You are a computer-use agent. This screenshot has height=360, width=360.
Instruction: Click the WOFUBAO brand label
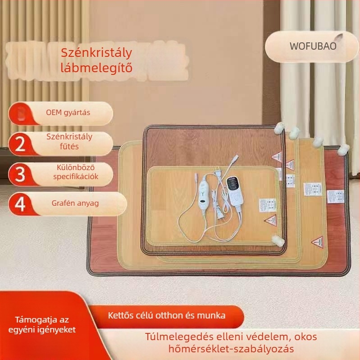313,46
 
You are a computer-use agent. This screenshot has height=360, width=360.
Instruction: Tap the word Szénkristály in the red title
96,53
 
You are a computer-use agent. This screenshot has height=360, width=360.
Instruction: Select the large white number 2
20,144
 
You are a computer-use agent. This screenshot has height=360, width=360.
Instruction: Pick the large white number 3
20,174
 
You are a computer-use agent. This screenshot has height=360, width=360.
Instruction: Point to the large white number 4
20,203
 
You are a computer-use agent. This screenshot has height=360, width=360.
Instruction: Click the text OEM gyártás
68,112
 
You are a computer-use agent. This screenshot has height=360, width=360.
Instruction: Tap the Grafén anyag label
75,203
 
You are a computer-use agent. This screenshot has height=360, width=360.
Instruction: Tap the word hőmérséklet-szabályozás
231,349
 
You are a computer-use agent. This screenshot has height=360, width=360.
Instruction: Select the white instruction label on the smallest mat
263,205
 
